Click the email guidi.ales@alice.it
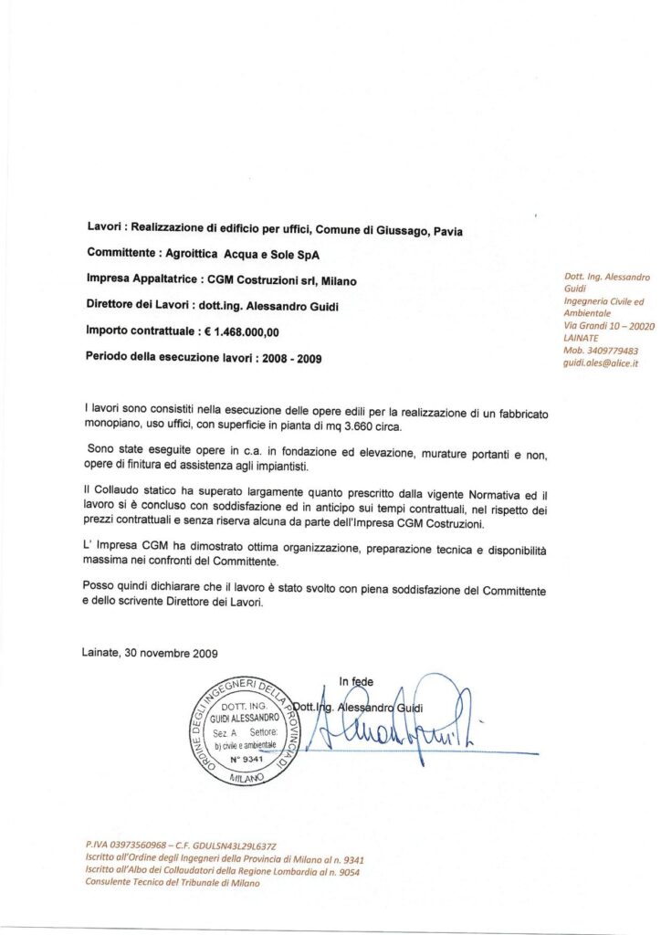click(x=601, y=362)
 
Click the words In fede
click(x=356, y=681)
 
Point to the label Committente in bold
click(x=126, y=252)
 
